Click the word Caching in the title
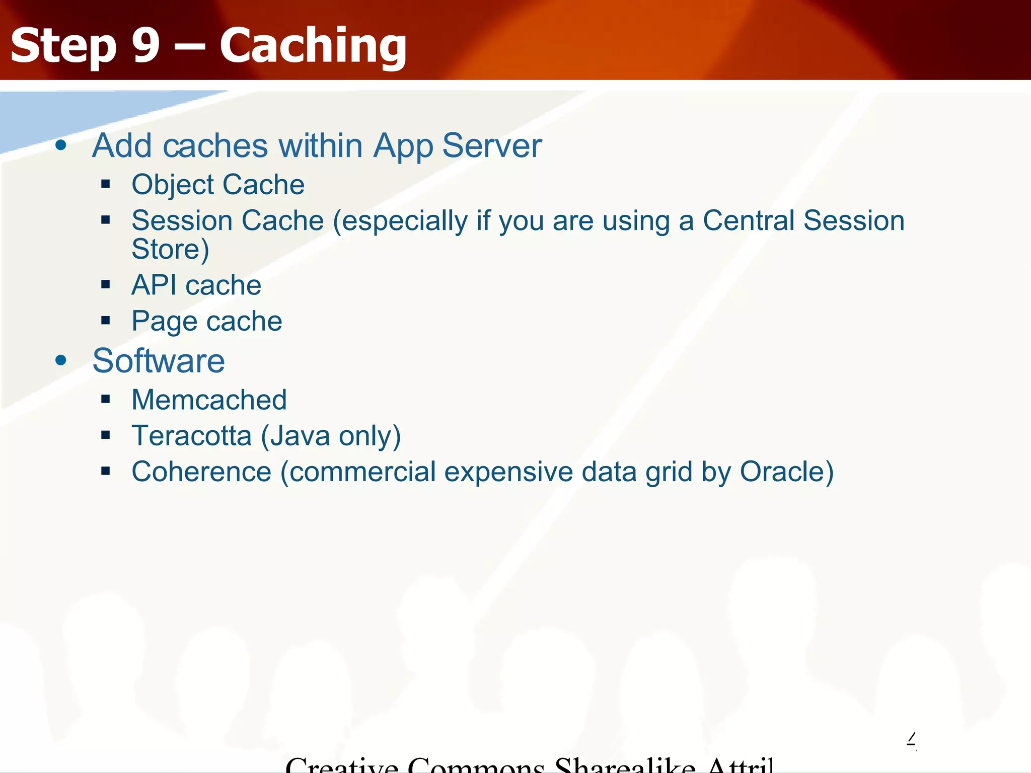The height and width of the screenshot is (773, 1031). (x=313, y=46)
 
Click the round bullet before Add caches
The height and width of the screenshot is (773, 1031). (x=61, y=146)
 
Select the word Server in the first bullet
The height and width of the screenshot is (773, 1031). (x=492, y=146)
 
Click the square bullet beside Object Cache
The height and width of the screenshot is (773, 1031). (x=105, y=184)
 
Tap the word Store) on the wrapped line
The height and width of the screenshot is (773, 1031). (x=170, y=249)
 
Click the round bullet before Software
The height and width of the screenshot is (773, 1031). (x=61, y=360)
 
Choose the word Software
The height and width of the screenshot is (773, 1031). (x=159, y=361)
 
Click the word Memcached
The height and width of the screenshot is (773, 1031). (x=209, y=400)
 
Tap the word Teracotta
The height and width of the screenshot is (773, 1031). (x=191, y=436)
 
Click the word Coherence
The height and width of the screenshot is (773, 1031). (x=201, y=472)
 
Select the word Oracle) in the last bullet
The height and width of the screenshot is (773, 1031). (x=786, y=472)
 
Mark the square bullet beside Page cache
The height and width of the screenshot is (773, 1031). (x=105, y=321)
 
